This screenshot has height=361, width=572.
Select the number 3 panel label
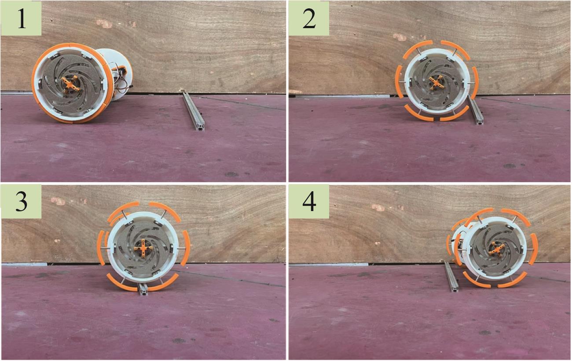[x=21, y=201]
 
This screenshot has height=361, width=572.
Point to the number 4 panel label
[x=309, y=201]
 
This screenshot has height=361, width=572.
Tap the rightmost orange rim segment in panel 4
[x=535, y=249]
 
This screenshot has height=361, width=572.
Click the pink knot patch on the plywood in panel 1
[x=104, y=23]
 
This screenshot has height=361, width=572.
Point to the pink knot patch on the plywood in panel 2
[x=399, y=37]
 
